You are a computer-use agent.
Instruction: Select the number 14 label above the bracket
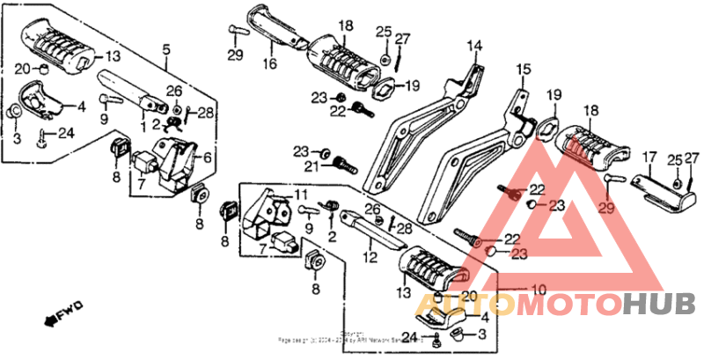(x=475, y=45)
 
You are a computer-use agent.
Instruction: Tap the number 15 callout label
(x=524, y=70)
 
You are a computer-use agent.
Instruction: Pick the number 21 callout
(x=312, y=166)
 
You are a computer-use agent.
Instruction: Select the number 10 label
(x=538, y=288)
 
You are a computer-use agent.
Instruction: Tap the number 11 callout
(x=301, y=194)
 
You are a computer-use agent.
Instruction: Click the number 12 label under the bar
(x=370, y=257)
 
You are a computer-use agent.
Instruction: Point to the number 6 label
(x=208, y=158)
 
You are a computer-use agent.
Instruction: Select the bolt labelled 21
(x=342, y=163)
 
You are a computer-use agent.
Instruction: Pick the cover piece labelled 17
(x=656, y=195)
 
